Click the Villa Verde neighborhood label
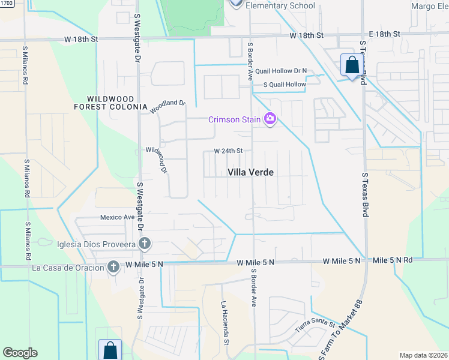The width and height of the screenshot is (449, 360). tap(251, 172)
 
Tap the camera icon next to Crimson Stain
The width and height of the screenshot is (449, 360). tap(270, 119)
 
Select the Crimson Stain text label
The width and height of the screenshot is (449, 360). tap(235, 119)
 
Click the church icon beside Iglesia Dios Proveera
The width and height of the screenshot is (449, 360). tap(144, 244)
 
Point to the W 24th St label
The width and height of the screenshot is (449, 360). tap(229, 151)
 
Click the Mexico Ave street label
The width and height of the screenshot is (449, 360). tap(117, 217)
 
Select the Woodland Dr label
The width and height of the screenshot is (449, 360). tap(168, 107)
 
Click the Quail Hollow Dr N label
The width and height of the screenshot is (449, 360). tap(280, 71)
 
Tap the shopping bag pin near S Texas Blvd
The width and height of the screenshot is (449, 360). tap(351, 65)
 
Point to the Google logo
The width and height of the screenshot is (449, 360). tap(20, 353)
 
